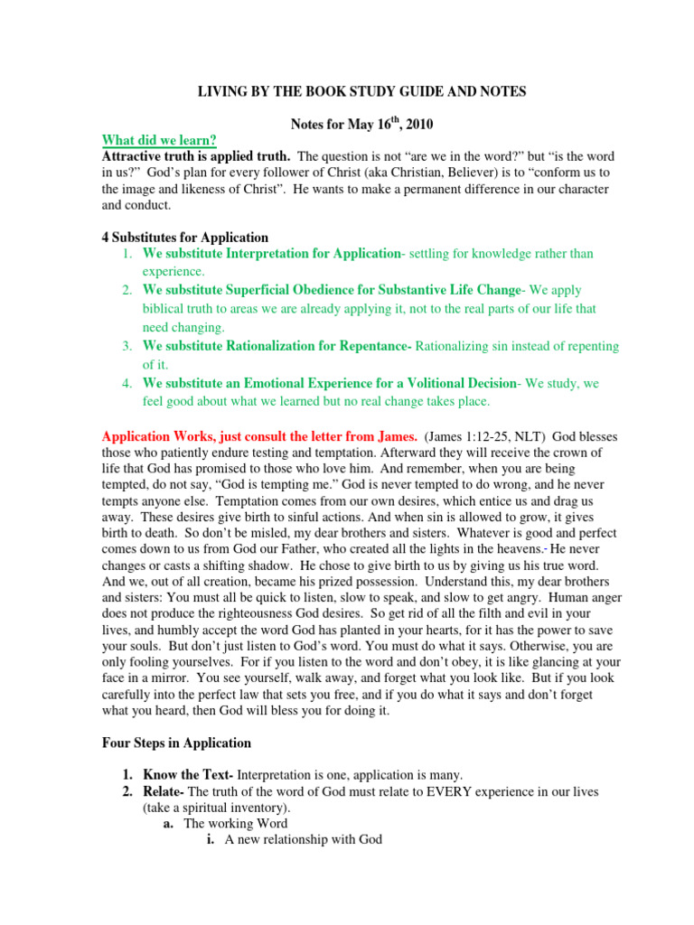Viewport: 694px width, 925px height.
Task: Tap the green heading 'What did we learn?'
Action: point(159,140)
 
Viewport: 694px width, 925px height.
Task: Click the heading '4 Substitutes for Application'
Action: point(184,238)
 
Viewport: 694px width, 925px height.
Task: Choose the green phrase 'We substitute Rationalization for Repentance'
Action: point(277,346)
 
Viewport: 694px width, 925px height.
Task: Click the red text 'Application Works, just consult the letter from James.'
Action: point(259,435)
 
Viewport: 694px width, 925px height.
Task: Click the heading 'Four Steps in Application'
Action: point(176,743)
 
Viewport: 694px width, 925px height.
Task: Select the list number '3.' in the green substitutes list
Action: point(127,346)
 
